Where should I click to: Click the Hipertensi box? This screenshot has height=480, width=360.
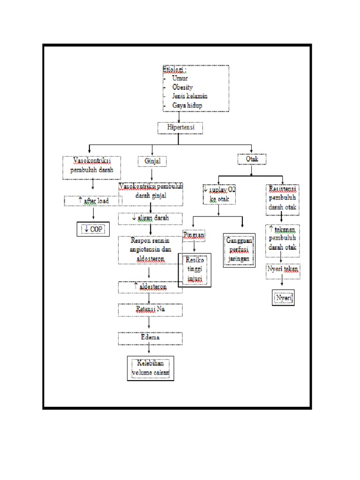(180, 127)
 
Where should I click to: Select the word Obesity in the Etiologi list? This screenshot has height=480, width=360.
(182, 87)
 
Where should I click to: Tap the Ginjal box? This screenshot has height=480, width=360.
(152, 161)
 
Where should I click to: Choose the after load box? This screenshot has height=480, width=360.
(93, 201)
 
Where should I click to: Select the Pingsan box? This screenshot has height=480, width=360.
(194, 234)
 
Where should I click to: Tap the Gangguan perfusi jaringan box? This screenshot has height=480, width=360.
(239, 250)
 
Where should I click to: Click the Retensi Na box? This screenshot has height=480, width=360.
(150, 310)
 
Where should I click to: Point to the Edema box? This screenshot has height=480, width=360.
(150, 338)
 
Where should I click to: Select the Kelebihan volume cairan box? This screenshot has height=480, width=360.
(150, 368)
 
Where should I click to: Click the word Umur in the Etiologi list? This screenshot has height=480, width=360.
(180, 78)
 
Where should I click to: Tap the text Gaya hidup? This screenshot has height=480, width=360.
(187, 105)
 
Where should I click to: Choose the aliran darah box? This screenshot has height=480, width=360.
(150, 218)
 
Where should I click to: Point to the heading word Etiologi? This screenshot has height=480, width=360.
(173, 70)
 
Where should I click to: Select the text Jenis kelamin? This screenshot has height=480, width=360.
(190, 96)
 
